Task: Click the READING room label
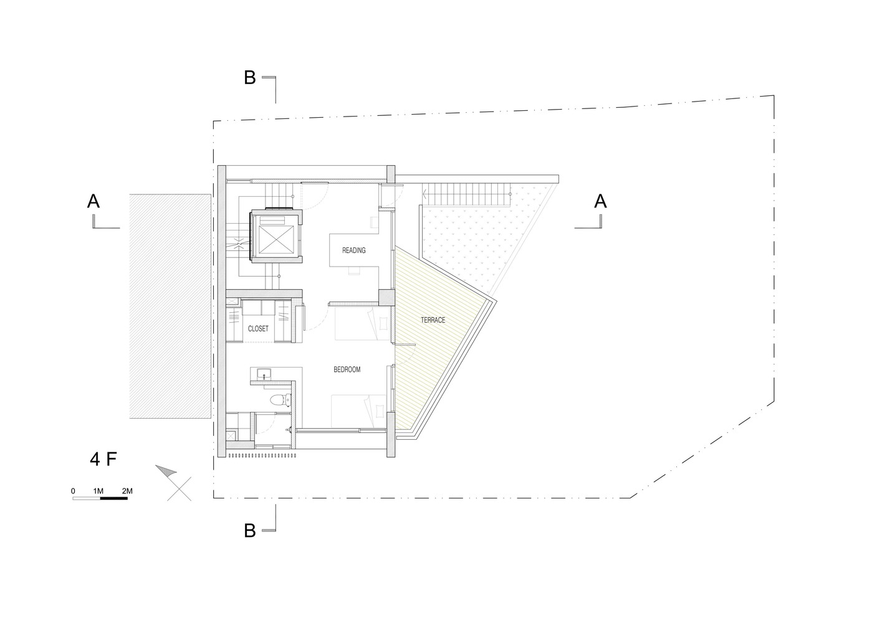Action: [x=353, y=250]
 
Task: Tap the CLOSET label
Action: [x=258, y=328]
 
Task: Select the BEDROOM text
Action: [x=347, y=369]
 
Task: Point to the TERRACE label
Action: [x=433, y=320]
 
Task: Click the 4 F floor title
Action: [x=103, y=459]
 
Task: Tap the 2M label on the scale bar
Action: [x=127, y=491]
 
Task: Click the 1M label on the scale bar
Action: [x=98, y=491]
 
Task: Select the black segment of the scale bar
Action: [x=114, y=498]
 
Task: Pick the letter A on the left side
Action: [x=93, y=201]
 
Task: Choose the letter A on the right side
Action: [x=600, y=201]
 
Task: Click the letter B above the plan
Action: [x=249, y=77]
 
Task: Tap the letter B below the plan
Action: [x=249, y=531]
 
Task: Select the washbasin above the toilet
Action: [x=263, y=374]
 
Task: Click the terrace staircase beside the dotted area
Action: [x=466, y=194]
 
